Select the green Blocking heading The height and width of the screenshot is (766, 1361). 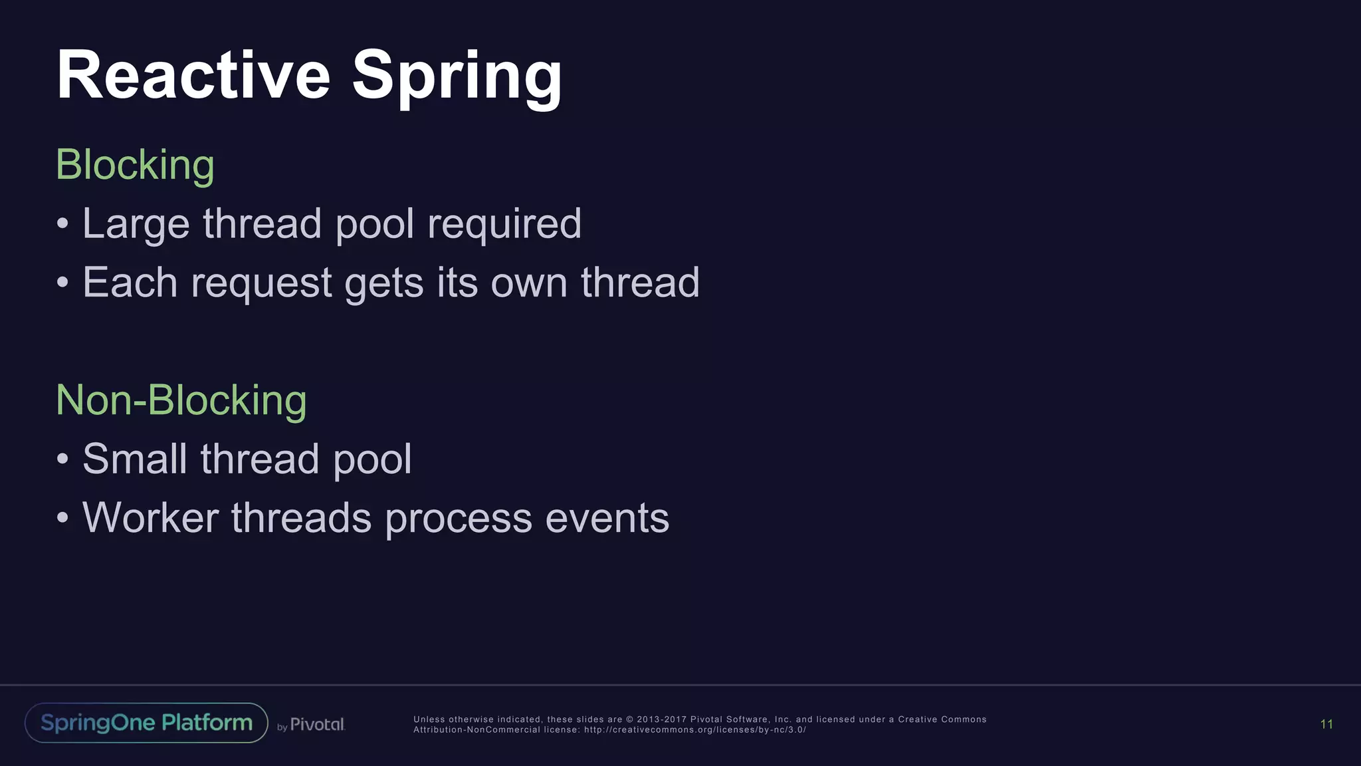135,164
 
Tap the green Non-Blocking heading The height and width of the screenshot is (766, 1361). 181,400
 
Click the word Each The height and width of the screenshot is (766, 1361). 130,283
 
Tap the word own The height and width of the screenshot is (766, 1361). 529,283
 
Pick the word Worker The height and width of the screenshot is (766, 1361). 150,518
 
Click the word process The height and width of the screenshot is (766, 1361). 459,519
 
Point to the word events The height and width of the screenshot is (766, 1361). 607,518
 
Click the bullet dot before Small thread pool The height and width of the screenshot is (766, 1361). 62,459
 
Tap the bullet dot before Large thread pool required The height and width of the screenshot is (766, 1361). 62,223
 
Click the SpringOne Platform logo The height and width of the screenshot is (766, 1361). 146,723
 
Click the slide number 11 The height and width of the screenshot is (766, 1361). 1326,724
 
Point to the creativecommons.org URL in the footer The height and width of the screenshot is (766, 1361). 694,730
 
